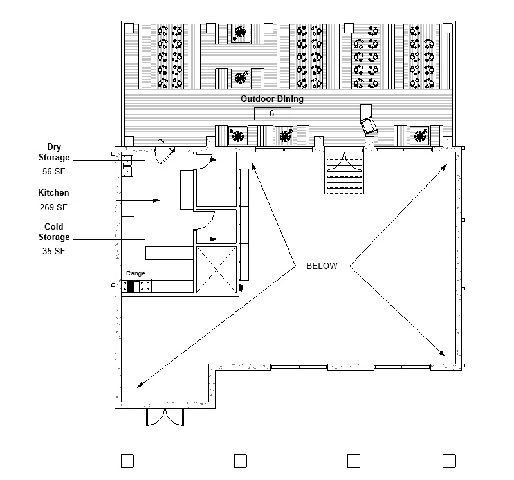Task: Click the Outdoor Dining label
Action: coord(271,99)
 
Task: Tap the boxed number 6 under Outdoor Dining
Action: coord(272,114)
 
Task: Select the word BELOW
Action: coord(322,266)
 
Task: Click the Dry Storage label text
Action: coord(54,152)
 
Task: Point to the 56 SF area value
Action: coord(54,171)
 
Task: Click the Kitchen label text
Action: coord(53,193)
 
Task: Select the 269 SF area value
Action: coord(53,207)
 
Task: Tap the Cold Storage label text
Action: coord(54,232)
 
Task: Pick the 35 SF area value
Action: coord(54,251)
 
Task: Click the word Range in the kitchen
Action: coord(135,273)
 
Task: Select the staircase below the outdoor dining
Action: coord(345,171)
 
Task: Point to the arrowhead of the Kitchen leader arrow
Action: coord(156,201)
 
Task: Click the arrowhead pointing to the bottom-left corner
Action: coord(139,385)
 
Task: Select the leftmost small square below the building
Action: coord(127,460)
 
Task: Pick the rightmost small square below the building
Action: coord(449,460)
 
